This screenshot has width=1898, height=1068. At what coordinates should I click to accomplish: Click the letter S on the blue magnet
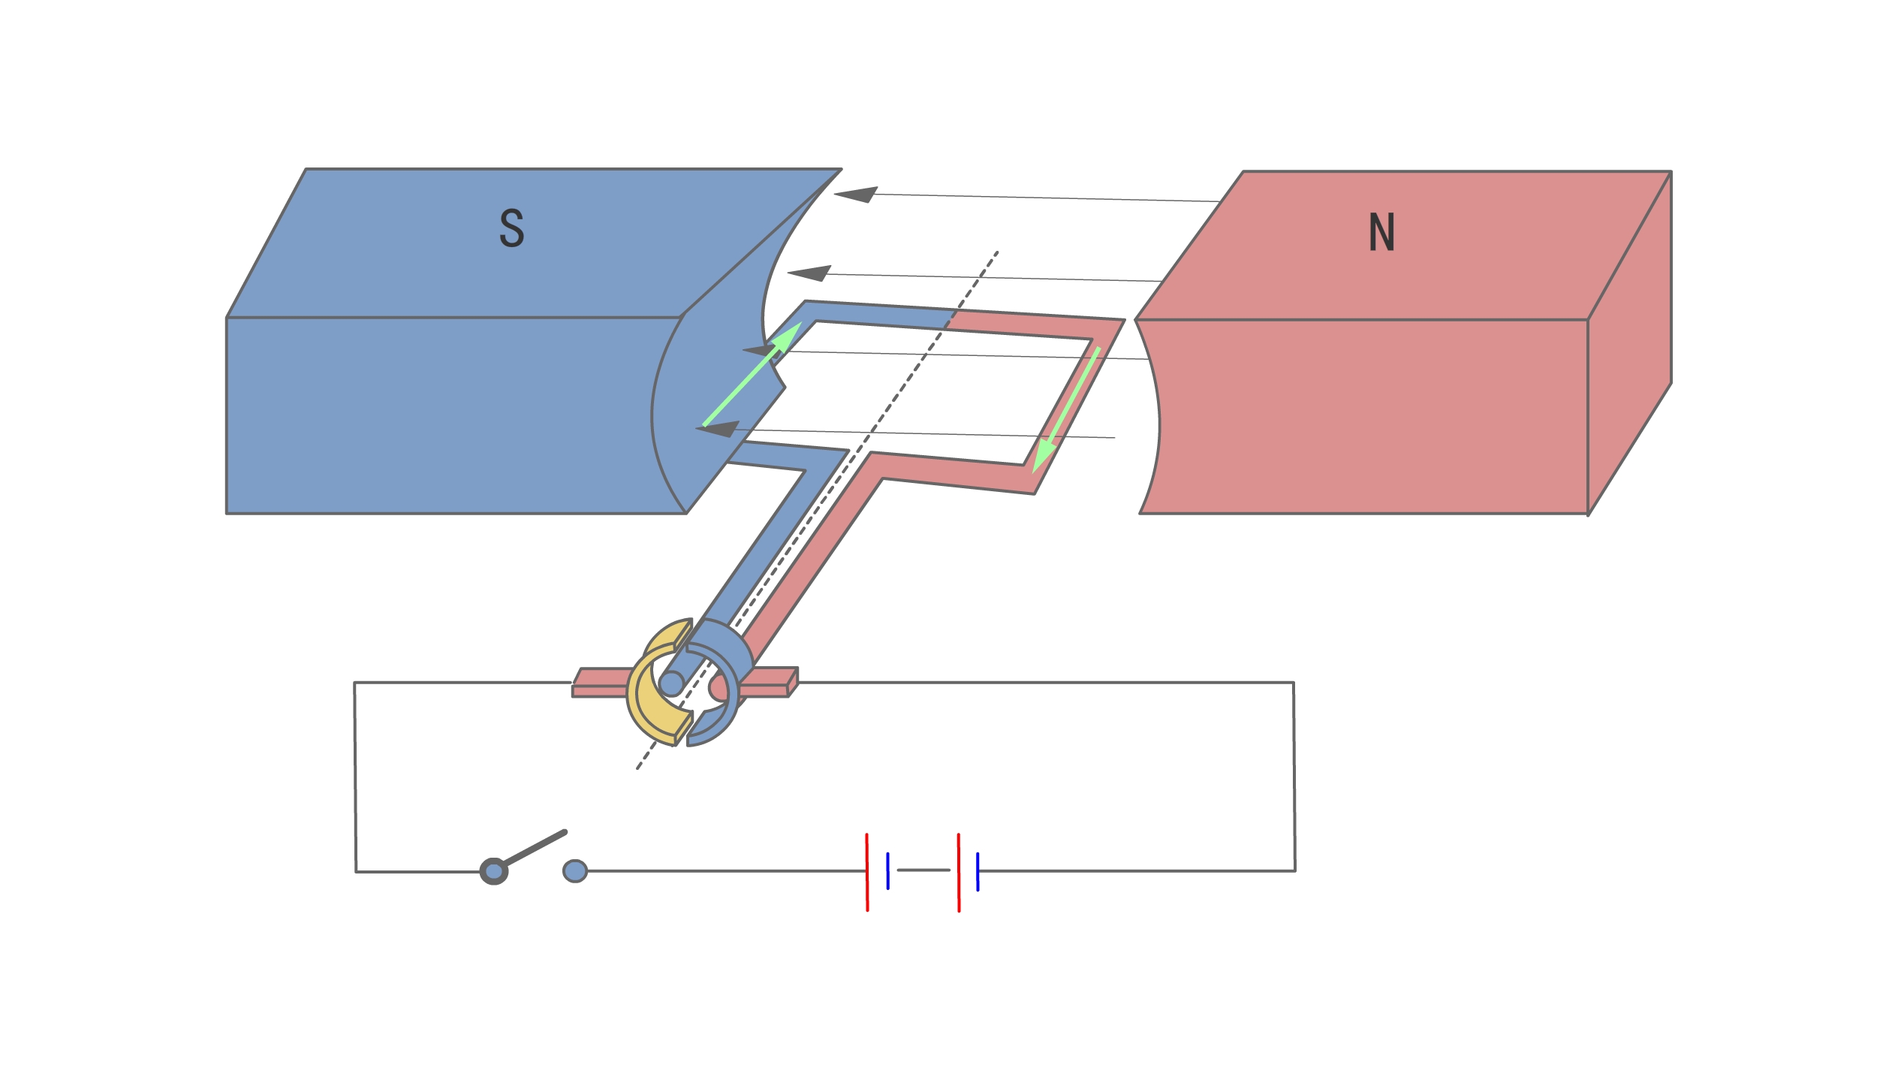511,228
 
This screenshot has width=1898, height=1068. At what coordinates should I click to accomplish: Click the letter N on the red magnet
1381,232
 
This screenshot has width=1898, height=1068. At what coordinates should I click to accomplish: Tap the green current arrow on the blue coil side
752,375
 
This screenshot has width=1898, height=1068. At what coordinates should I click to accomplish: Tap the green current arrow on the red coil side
1066,410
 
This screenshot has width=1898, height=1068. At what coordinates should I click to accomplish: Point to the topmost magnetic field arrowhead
856,195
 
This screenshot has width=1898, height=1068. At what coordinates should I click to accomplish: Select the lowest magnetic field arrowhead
718,429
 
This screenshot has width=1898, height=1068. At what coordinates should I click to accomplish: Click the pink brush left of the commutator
601,683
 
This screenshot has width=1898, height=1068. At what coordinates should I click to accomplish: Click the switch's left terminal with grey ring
493,871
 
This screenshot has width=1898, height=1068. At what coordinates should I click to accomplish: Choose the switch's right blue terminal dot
575,871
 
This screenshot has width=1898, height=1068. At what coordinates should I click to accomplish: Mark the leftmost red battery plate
867,872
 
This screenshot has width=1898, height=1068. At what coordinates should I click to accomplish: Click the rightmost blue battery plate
978,872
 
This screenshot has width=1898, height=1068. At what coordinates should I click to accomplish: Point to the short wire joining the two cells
923,870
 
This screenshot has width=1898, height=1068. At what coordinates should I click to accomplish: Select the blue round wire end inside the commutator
671,683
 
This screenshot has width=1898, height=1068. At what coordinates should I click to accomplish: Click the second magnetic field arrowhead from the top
809,273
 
